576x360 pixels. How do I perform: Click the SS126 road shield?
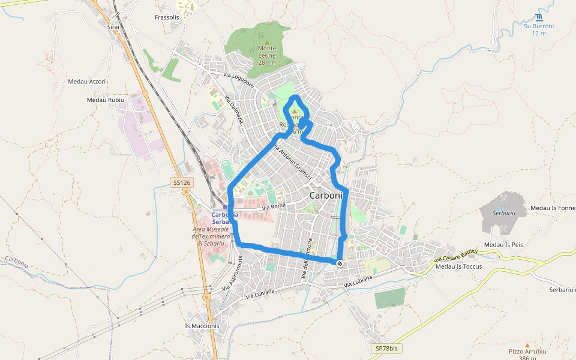pyautogui.click(x=181, y=182)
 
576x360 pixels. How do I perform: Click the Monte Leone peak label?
pyautogui.click(x=267, y=55)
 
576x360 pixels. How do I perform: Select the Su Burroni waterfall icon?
pyautogui.click(x=538, y=17)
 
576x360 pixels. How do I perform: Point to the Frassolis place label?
pyautogui.click(x=167, y=17)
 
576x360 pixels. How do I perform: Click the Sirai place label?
pyautogui.click(x=113, y=27)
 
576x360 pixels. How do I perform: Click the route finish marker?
pyautogui.click(x=340, y=263)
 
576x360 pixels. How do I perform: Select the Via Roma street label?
pyautogui.click(x=274, y=206)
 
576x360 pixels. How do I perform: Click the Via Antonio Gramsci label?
pyautogui.click(x=292, y=162)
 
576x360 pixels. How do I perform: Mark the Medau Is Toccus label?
pyautogui.click(x=459, y=266)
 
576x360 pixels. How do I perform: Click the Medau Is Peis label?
pyautogui.click(x=504, y=245)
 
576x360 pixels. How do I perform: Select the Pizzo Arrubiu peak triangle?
pyautogui.click(x=527, y=346)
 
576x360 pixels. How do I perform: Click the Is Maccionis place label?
pyautogui.click(x=202, y=326)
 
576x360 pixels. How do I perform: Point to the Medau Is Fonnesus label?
pyautogui.click(x=552, y=208)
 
